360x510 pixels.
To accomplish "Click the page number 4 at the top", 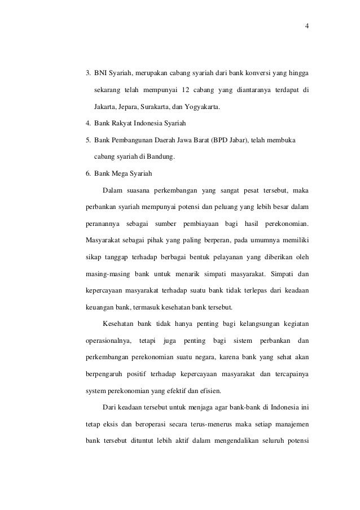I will (306, 25).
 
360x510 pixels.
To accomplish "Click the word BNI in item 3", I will (101, 73).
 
